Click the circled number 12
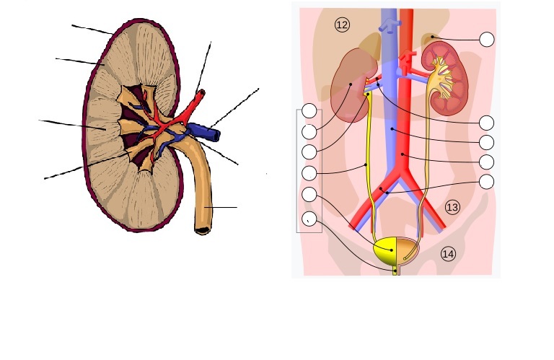coord(342,25)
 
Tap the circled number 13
coord(452,207)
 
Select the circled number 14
coord(448,254)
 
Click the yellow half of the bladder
coord(386,252)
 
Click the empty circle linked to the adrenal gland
coord(487,39)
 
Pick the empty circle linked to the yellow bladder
coord(309,194)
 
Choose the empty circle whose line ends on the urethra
coord(309,219)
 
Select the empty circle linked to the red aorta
coord(487,162)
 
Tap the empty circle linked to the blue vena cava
coord(487,142)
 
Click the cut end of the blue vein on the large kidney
coord(216,136)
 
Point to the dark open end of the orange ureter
coord(203,231)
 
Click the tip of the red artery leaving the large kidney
coord(201,92)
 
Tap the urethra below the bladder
coord(397,271)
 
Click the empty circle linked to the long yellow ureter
coord(309,173)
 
